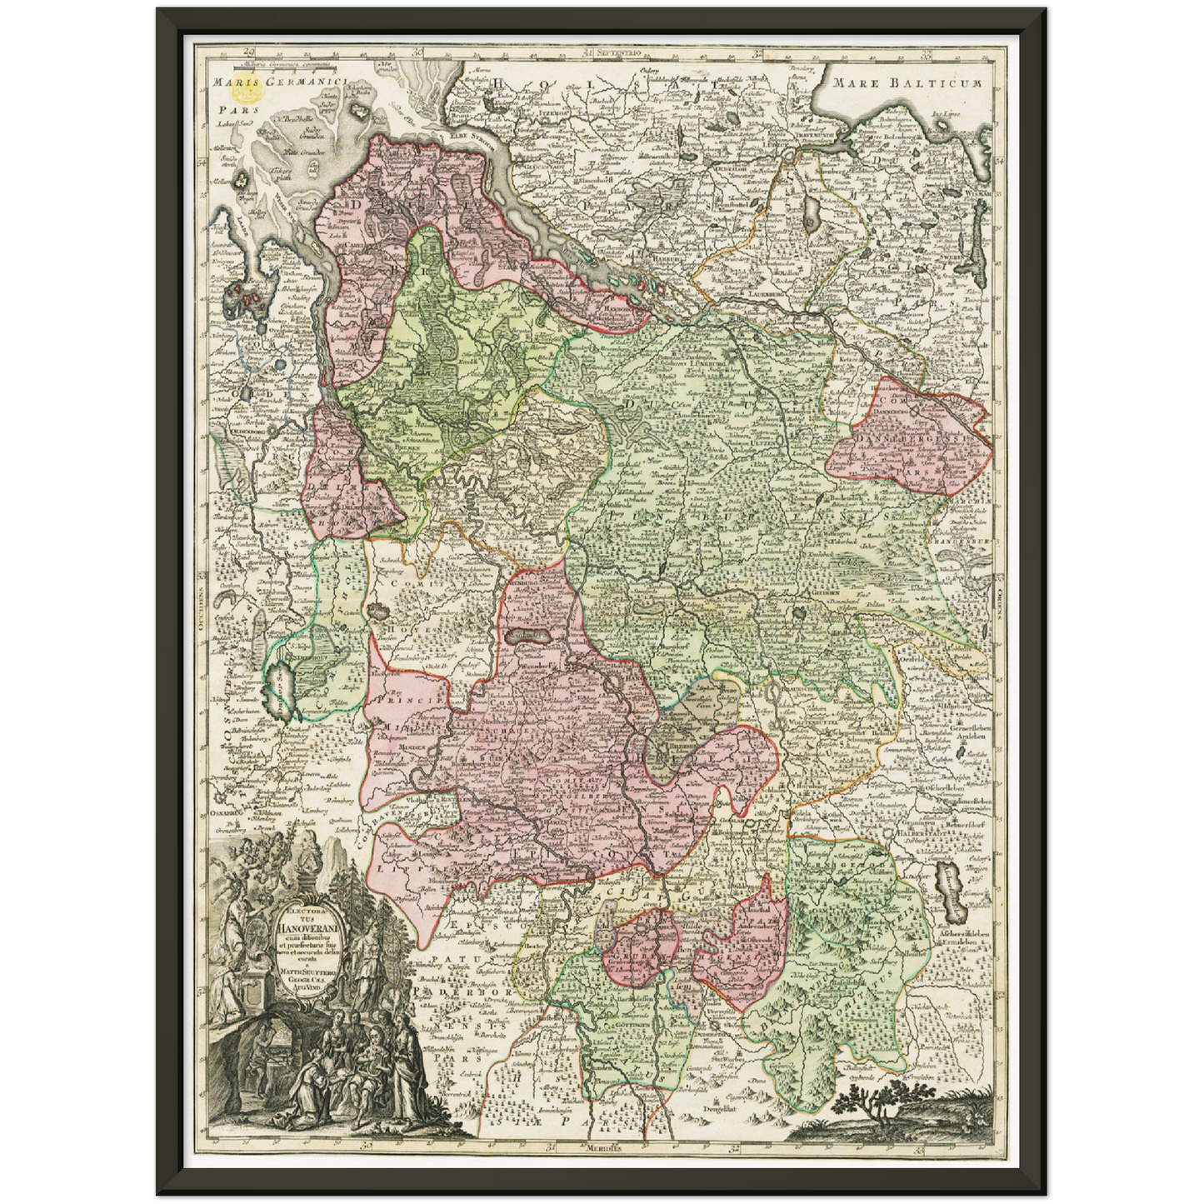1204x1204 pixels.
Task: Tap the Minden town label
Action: pyautogui.click(x=411, y=748)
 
